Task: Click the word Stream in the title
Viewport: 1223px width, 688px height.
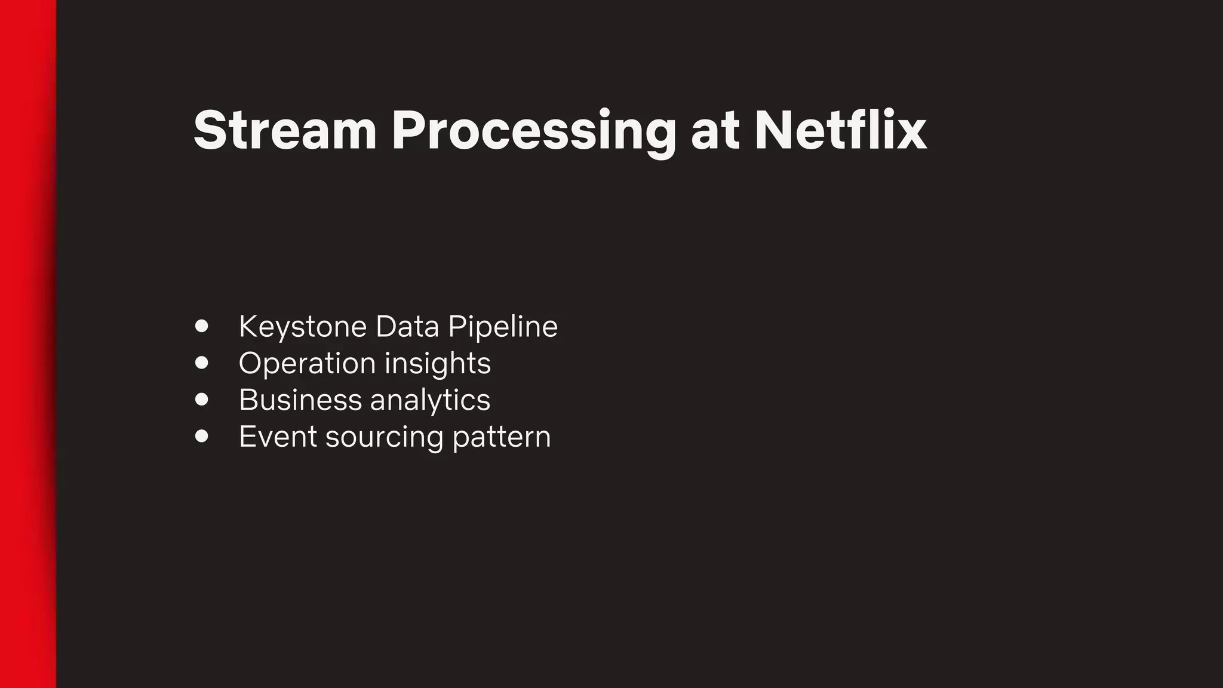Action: click(x=285, y=131)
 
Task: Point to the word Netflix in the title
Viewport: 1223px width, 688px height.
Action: click(x=840, y=131)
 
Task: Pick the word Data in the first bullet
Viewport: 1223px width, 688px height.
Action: click(x=407, y=327)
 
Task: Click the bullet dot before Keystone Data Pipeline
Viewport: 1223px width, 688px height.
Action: click(x=202, y=326)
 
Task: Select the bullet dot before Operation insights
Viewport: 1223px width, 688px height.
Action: click(x=202, y=363)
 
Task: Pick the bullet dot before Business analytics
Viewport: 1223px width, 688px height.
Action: click(x=202, y=399)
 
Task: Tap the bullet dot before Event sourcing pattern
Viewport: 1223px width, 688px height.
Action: click(x=202, y=436)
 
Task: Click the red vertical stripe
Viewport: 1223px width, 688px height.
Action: click(x=27, y=344)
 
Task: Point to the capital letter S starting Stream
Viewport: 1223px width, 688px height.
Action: click(x=211, y=131)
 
